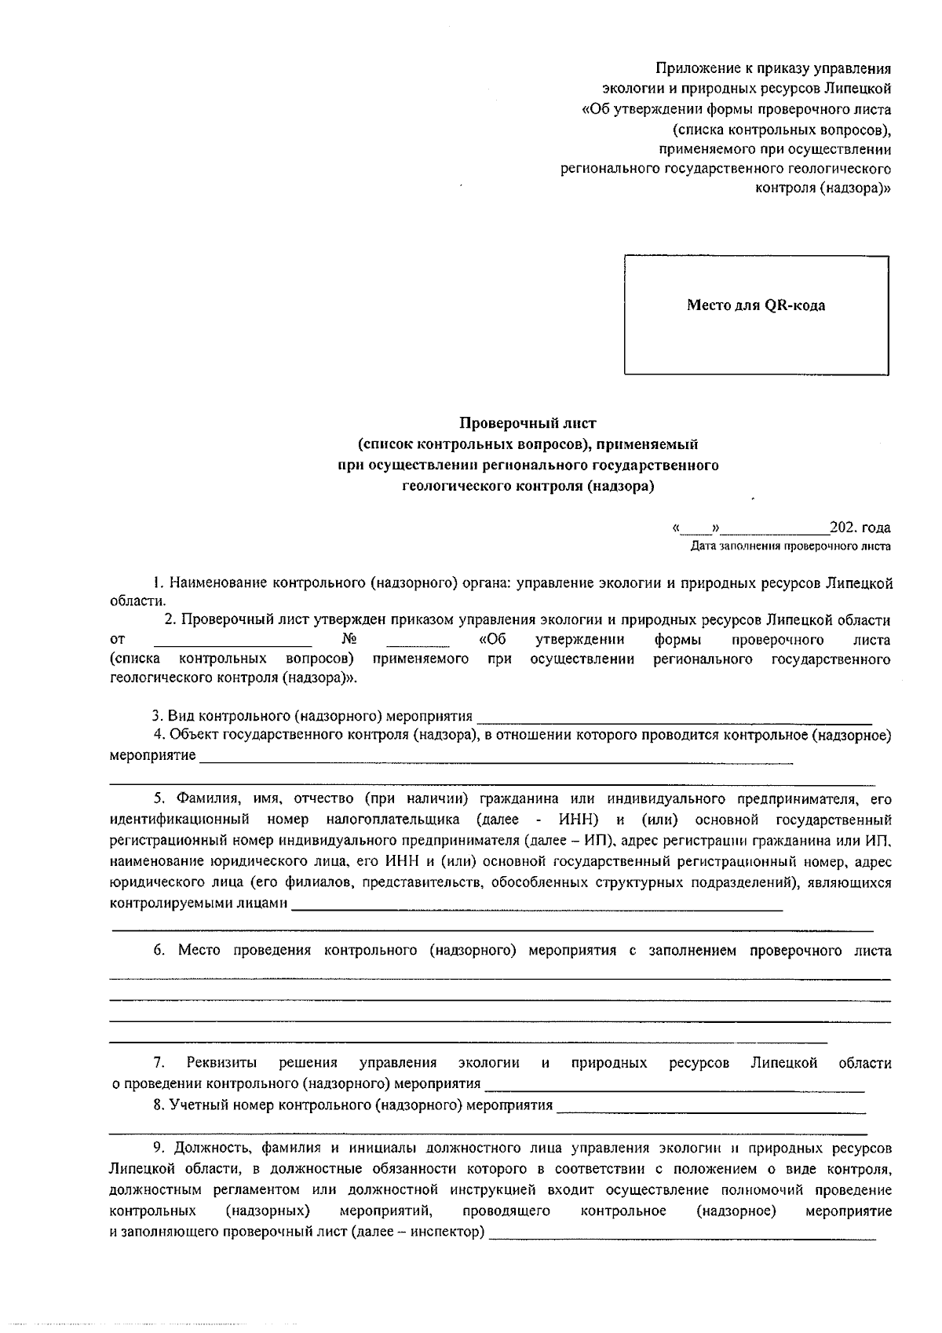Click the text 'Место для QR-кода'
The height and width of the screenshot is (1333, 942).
pos(756,305)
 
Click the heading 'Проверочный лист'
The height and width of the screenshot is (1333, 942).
pos(528,424)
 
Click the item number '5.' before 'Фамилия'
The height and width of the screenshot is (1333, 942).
pos(159,799)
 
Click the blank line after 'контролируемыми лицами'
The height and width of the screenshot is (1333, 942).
pos(537,908)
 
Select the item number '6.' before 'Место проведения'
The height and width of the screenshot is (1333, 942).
pos(159,951)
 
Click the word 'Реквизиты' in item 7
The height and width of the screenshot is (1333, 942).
pos(222,1063)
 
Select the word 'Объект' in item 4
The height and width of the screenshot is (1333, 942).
pos(194,735)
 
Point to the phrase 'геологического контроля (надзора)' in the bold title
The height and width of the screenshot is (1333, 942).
pos(528,485)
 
